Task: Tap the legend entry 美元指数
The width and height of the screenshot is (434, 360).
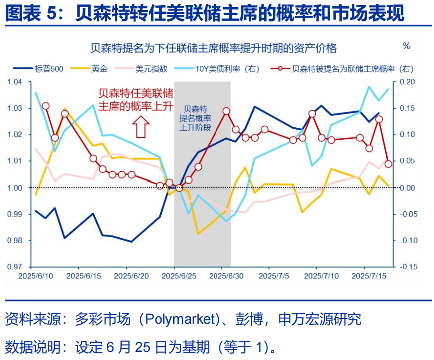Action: [151, 69]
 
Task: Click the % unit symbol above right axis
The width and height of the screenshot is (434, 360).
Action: [406, 46]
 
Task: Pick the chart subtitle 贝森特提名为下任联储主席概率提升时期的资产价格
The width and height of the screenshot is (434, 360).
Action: [213, 48]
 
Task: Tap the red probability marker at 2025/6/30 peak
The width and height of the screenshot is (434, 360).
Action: [226, 111]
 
